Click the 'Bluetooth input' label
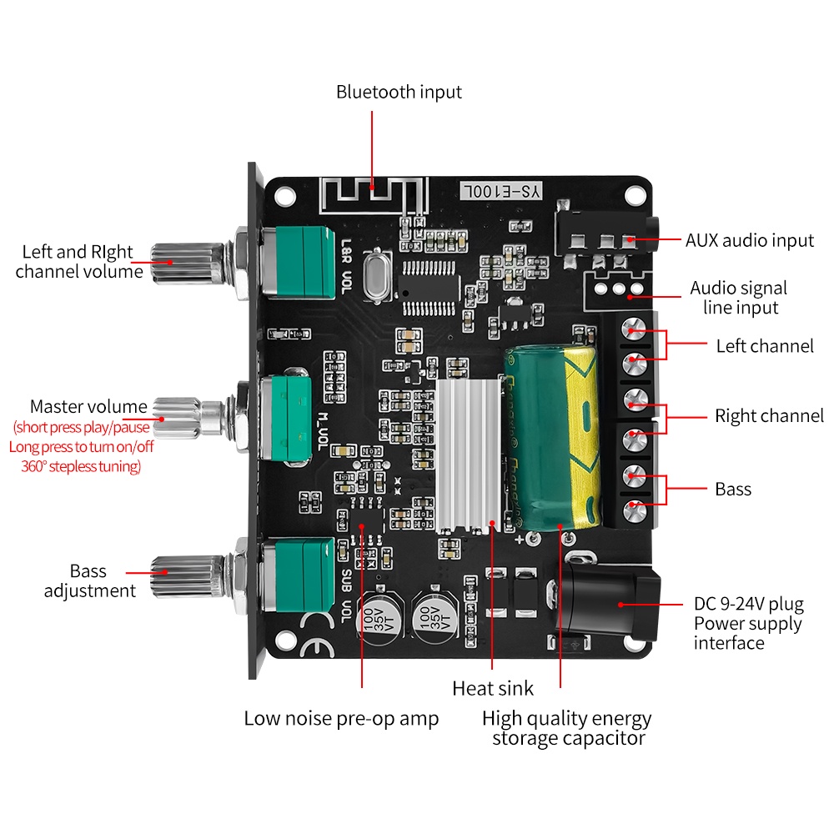399,92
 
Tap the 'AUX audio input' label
749,240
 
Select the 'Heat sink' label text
493,689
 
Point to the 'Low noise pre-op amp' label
341,718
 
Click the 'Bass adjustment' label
89,581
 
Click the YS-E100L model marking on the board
502,191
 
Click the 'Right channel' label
769,416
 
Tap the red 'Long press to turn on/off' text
82,447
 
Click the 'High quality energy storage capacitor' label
567,728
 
